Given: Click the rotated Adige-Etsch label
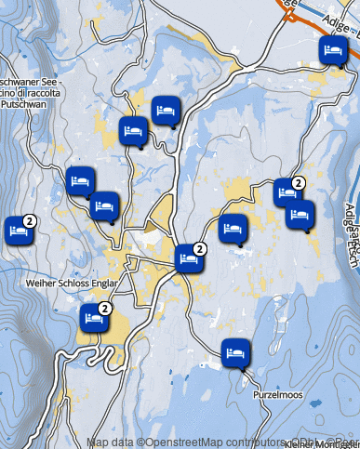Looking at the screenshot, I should [x=351, y=234].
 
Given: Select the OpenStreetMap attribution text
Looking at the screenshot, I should [x=223, y=442].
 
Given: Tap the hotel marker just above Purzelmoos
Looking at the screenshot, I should [x=234, y=352].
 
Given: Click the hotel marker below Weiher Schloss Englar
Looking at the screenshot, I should [x=93, y=318].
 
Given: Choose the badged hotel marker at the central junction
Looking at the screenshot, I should [x=188, y=258].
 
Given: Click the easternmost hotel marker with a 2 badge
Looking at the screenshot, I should [x=286, y=192].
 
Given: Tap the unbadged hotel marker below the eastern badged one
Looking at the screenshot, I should [x=298, y=217].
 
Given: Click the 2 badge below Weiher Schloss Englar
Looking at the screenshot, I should [x=105, y=308].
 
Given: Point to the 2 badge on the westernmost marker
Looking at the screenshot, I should [x=29, y=220].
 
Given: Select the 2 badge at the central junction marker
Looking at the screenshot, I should [x=200, y=248].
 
